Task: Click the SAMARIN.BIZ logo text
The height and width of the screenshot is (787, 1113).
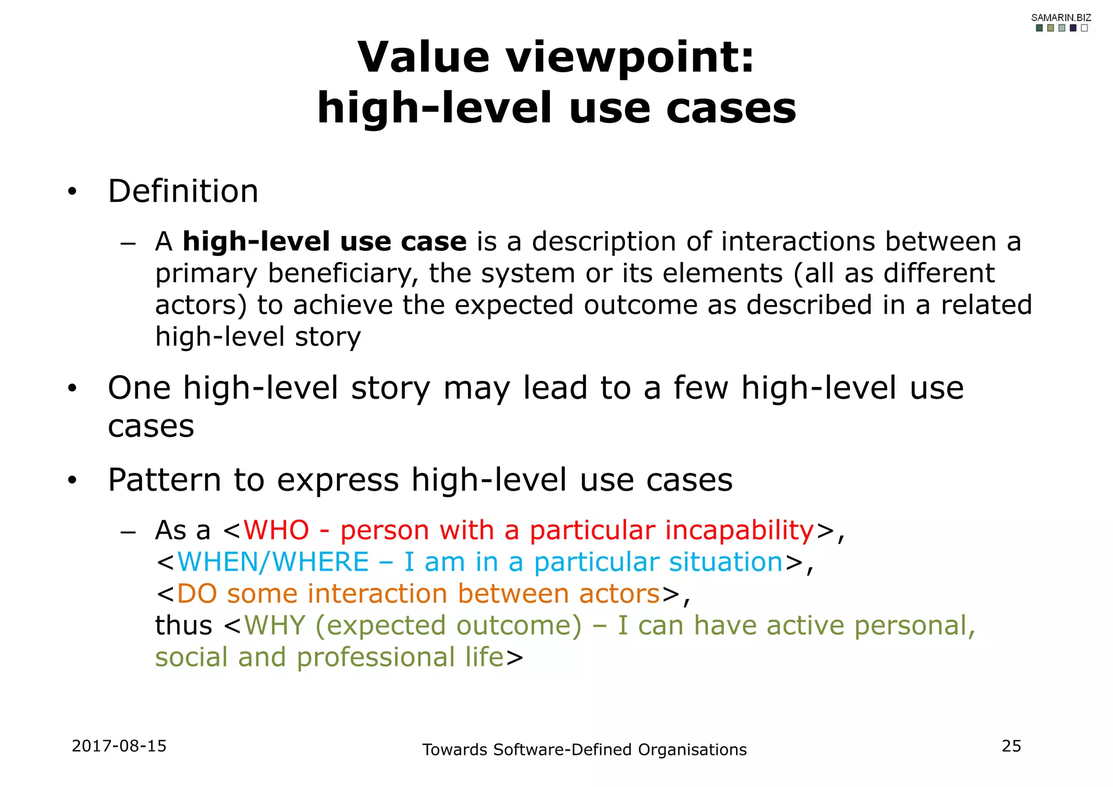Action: point(1061,17)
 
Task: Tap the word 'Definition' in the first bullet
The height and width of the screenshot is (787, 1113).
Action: point(183,191)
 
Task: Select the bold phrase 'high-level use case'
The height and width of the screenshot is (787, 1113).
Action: point(324,241)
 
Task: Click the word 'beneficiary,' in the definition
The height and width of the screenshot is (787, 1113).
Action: point(343,273)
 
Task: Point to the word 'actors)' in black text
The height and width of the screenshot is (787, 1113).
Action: point(201,305)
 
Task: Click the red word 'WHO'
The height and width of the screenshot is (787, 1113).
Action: point(277,530)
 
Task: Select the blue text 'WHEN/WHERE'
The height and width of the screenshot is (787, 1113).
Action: point(273,562)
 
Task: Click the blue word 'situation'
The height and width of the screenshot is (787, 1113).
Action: point(726,562)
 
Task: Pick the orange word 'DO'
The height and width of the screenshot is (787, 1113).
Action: point(197,594)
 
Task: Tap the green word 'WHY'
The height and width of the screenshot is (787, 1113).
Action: point(275,626)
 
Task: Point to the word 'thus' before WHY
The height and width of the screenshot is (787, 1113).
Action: point(184,626)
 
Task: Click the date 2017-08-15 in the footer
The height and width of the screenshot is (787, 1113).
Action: point(119,746)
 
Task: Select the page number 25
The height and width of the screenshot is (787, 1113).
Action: point(1011,746)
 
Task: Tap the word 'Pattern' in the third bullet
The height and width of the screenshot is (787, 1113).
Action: point(164,480)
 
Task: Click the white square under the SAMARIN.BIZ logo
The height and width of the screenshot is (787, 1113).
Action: point(1084,28)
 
